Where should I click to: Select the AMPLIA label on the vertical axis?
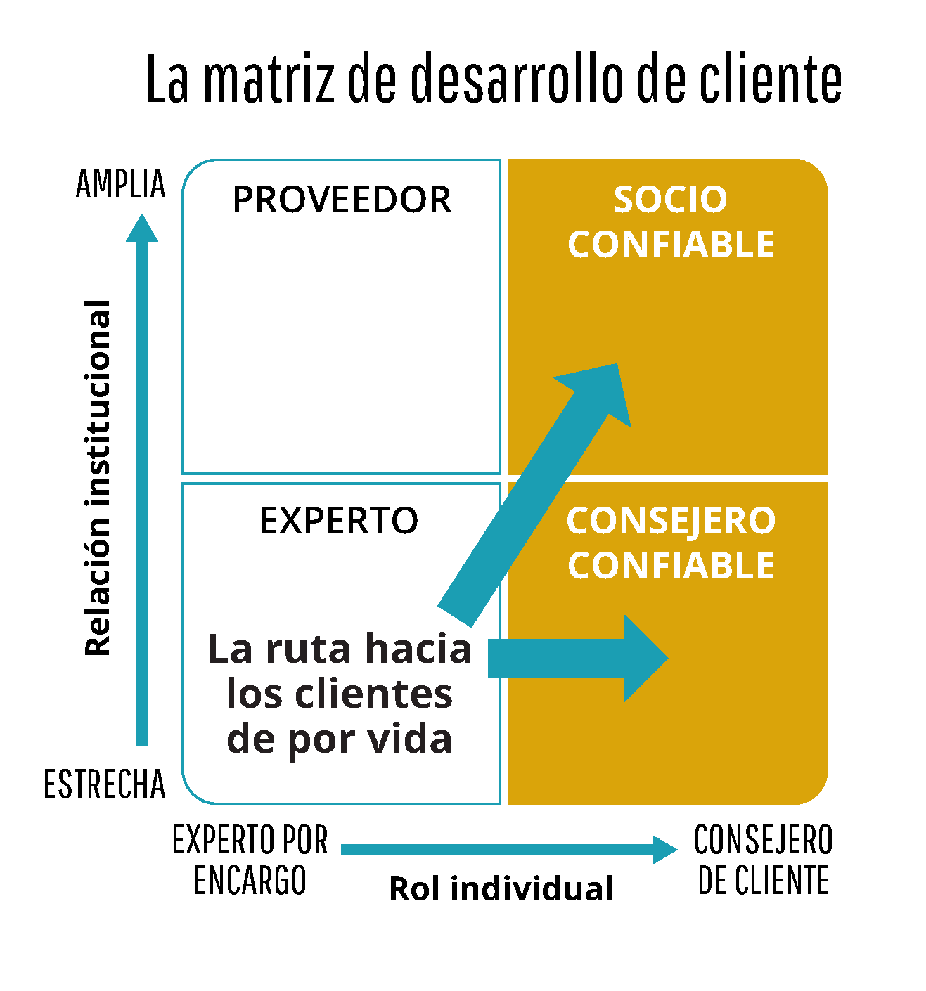[121, 184]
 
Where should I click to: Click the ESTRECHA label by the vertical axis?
[105, 784]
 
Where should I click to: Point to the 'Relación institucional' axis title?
[98, 478]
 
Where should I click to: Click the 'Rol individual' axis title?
[501, 888]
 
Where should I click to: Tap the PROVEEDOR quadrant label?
[342, 200]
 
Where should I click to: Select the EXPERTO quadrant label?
[339, 521]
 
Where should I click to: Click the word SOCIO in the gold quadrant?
[670, 200]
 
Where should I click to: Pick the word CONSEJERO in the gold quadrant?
[671, 521]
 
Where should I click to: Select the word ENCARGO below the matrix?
[250, 881]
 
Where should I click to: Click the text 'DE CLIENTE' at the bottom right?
[764, 881]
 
